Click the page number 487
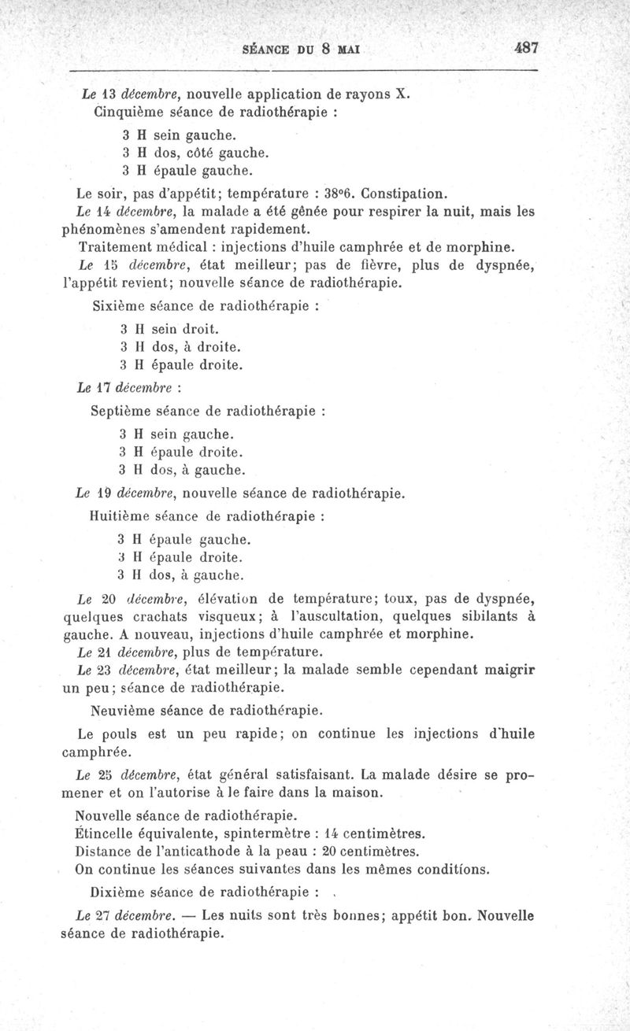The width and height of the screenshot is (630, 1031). tap(525, 47)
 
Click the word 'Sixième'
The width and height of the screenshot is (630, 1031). tap(118, 307)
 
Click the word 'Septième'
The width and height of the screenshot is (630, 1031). tap(122, 411)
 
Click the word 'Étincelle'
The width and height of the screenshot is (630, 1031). tap(107, 833)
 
